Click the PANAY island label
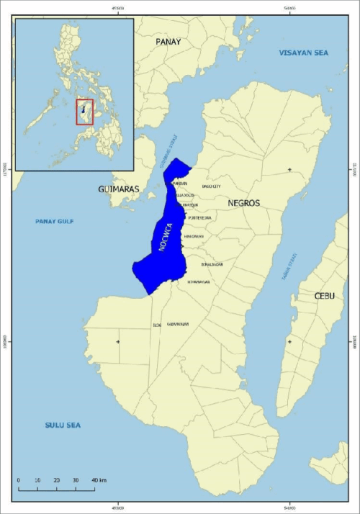pos(168,42)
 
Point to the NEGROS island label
pos(243,204)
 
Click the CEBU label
pos(324,296)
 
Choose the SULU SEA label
pos(58,425)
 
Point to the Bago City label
pos(212,186)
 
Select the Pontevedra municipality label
pos(198,217)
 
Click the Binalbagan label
pos(212,264)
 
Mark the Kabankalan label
pos(178,325)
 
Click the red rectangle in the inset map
pos(85,112)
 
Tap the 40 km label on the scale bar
pos(99,480)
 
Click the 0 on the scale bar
pos(18,480)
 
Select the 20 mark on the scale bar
pos(56,480)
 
